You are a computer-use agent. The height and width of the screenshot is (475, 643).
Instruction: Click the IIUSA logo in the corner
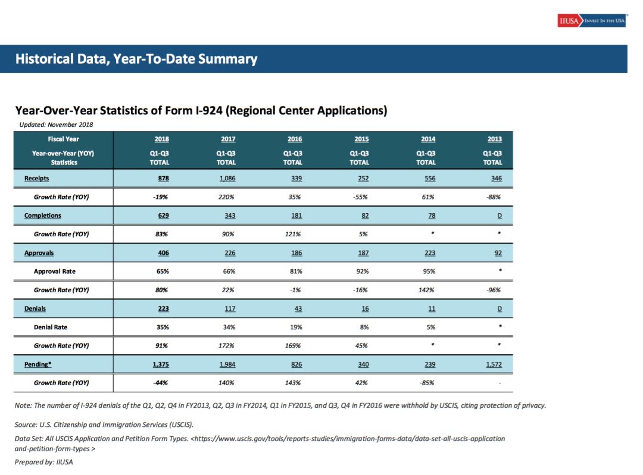click(x=591, y=20)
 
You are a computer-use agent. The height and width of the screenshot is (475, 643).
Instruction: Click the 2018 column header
click(x=161, y=139)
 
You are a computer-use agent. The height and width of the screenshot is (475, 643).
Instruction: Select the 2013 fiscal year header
click(x=495, y=139)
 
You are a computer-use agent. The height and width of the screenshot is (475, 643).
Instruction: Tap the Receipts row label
click(x=36, y=179)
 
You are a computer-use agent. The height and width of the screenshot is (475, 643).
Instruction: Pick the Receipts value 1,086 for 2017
click(x=227, y=179)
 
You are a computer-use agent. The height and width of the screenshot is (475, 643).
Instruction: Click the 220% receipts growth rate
click(x=226, y=196)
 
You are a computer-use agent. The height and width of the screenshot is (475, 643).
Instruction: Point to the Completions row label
click(x=43, y=215)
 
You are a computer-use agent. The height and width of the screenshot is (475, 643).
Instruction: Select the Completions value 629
click(x=163, y=215)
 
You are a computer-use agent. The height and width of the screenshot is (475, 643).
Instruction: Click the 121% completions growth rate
click(x=293, y=234)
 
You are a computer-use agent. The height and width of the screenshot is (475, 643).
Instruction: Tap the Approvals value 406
click(x=163, y=253)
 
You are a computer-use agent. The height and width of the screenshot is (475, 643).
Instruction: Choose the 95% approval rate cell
click(x=428, y=271)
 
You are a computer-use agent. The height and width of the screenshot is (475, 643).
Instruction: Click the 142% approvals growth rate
click(x=426, y=290)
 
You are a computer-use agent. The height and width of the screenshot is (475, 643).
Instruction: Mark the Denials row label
click(x=35, y=308)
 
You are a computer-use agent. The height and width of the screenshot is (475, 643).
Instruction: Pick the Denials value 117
click(x=230, y=308)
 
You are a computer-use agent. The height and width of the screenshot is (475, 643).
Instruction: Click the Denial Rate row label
click(x=51, y=327)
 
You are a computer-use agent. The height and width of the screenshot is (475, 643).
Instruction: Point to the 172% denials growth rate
click(x=226, y=345)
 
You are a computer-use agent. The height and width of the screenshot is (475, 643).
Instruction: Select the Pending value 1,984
click(x=227, y=364)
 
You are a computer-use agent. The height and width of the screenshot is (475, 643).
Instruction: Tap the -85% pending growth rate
click(x=427, y=383)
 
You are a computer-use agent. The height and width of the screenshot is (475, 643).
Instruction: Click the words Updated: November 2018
click(x=56, y=124)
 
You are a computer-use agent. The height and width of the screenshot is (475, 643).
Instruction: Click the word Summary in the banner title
click(x=228, y=59)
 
